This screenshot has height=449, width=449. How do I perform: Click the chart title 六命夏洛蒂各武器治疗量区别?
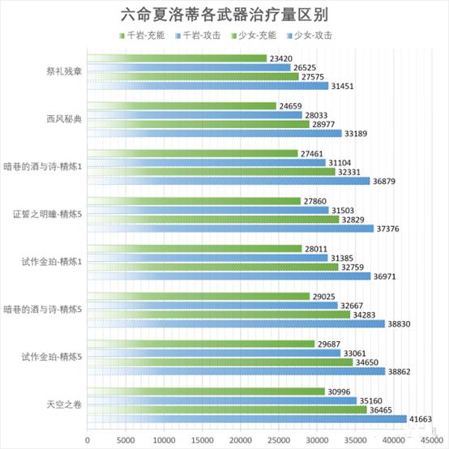[x=224, y=15]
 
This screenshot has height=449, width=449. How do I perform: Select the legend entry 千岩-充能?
[x=142, y=36]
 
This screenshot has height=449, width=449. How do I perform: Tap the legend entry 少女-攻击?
[x=310, y=36]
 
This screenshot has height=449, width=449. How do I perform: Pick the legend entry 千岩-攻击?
[x=198, y=36]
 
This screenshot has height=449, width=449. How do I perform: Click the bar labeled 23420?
[x=177, y=58]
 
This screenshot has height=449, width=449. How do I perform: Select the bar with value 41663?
[x=247, y=419]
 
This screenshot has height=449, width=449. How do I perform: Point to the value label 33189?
[x=356, y=134]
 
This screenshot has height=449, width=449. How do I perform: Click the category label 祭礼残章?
[x=64, y=71]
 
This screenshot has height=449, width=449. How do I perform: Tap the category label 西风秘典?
[x=64, y=119]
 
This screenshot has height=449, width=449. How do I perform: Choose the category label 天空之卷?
[x=64, y=405]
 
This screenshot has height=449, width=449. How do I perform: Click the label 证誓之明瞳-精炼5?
[x=47, y=214]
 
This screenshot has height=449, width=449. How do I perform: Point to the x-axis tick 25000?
[x=279, y=440]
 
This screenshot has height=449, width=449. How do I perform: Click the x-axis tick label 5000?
[x=126, y=440]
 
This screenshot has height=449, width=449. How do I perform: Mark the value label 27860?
[x=315, y=201]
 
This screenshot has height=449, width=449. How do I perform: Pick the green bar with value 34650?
[x=220, y=362]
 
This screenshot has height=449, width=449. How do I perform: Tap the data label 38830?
[x=400, y=324]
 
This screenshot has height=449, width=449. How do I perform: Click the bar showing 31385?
[x=207, y=258]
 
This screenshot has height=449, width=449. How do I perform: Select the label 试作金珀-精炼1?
[x=52, y=262]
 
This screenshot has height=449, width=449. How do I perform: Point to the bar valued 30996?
[x=206, y=391]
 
